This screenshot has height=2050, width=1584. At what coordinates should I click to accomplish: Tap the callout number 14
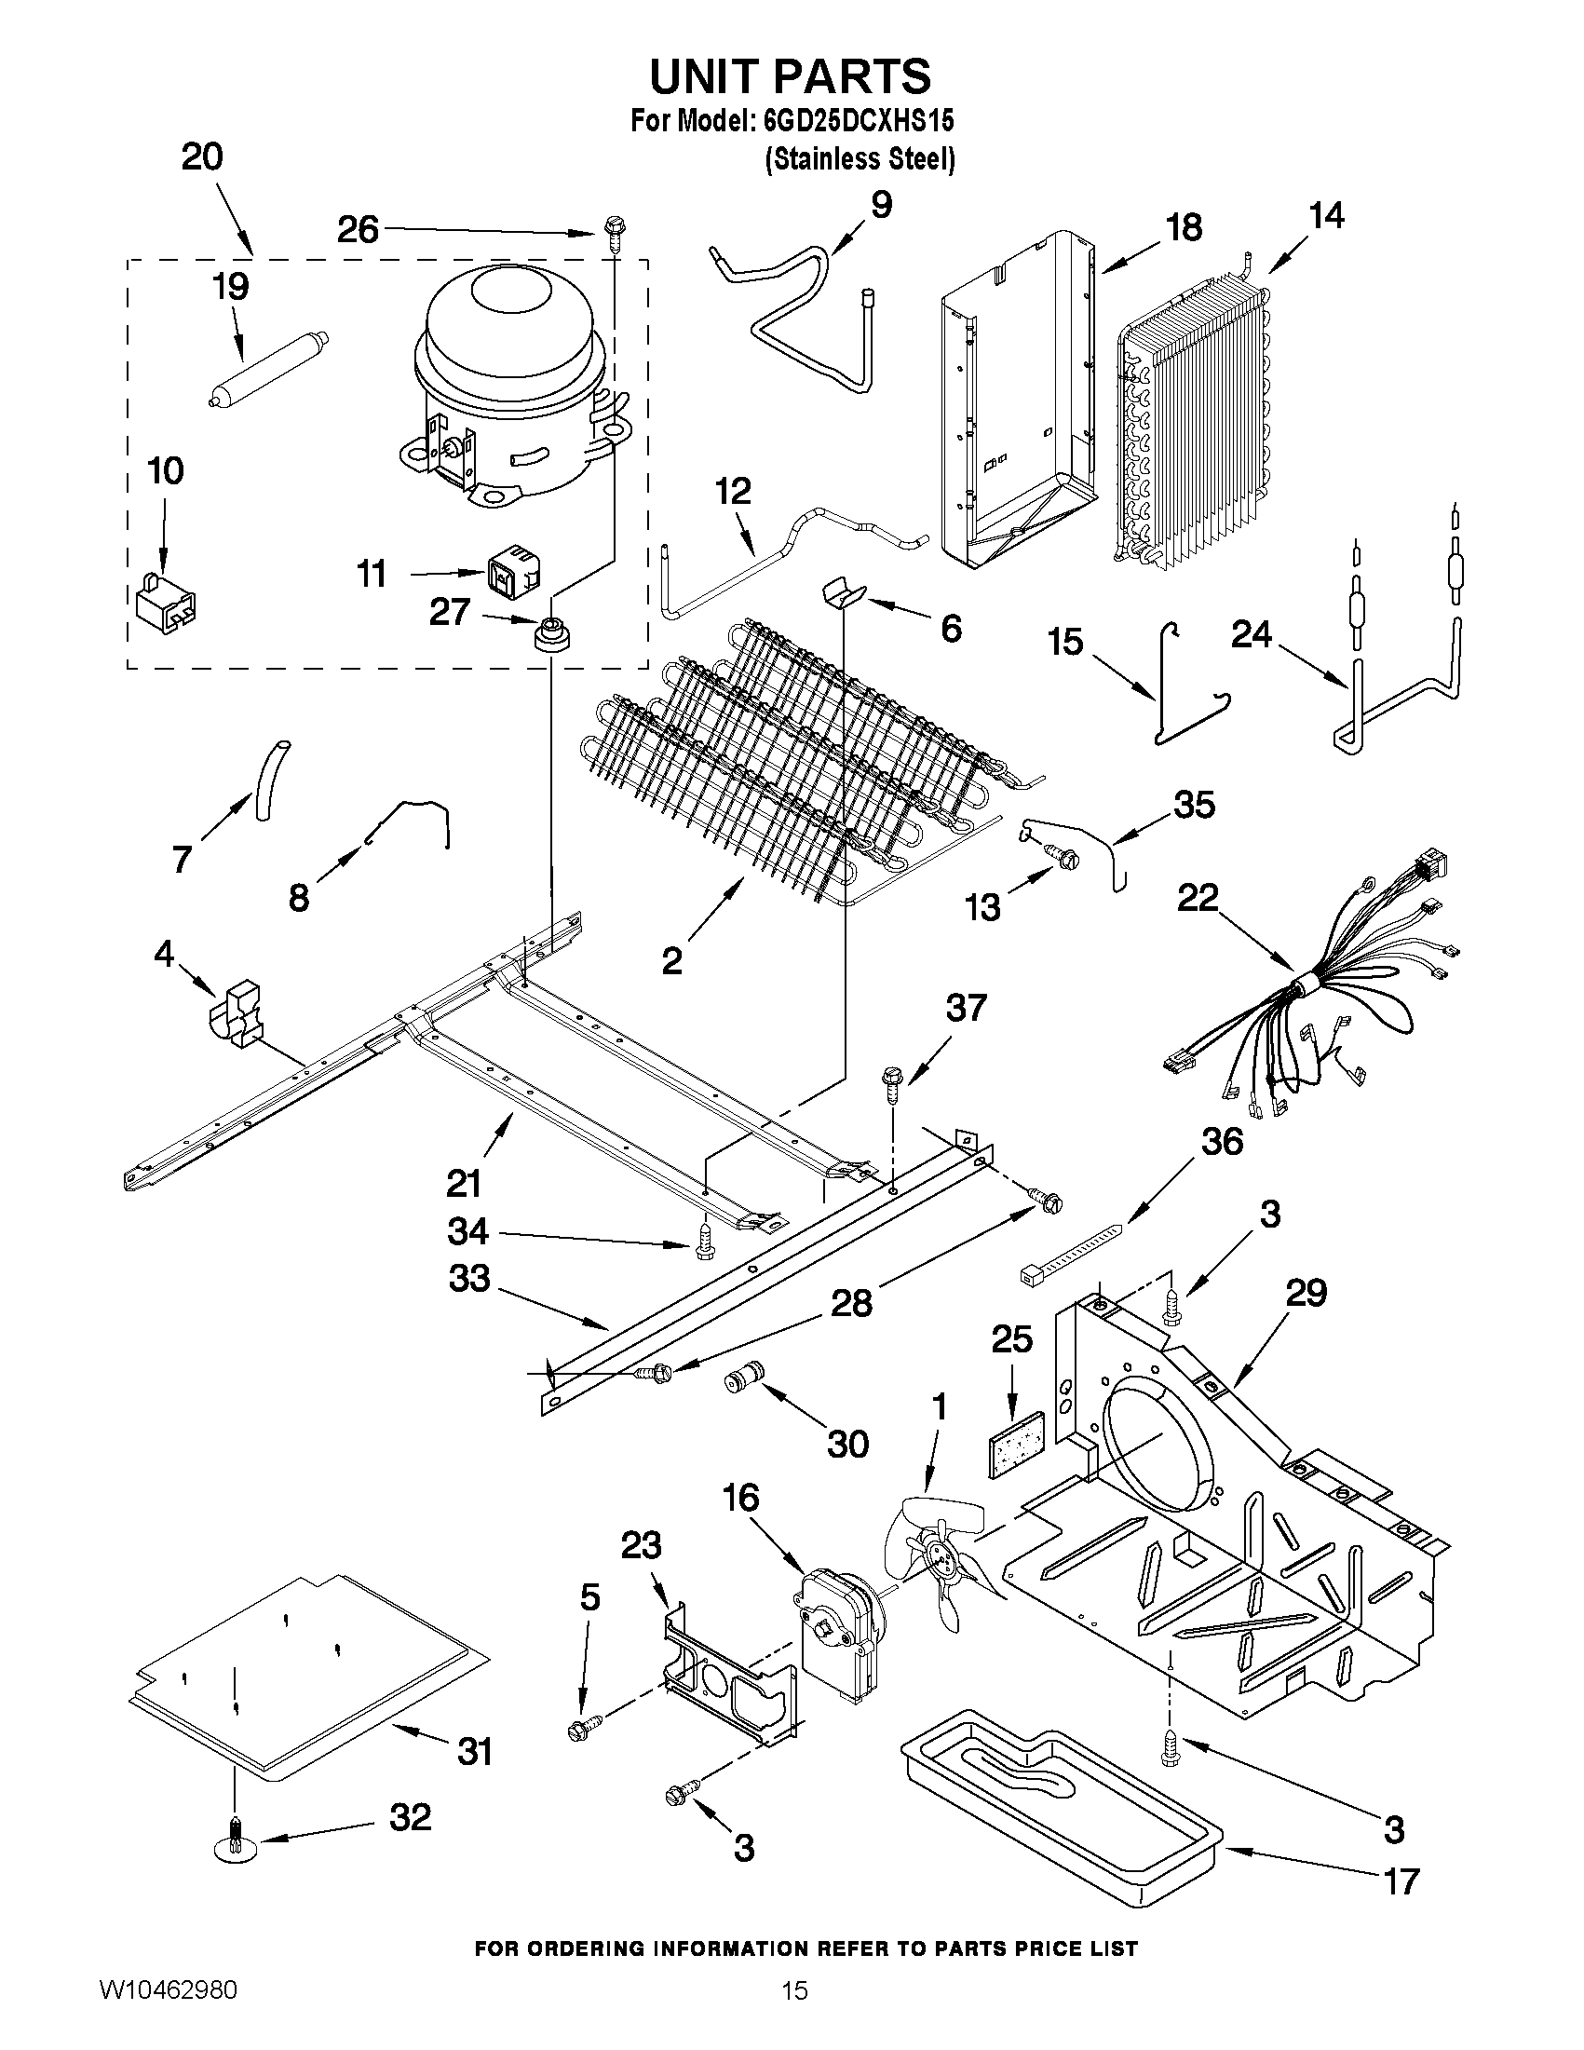(1326, 216)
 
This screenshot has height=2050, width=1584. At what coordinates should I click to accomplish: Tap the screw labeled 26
(616, 231)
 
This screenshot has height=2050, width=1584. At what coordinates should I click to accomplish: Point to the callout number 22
(1198, 897)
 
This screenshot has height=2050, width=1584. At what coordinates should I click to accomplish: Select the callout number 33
(469, 1279)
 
